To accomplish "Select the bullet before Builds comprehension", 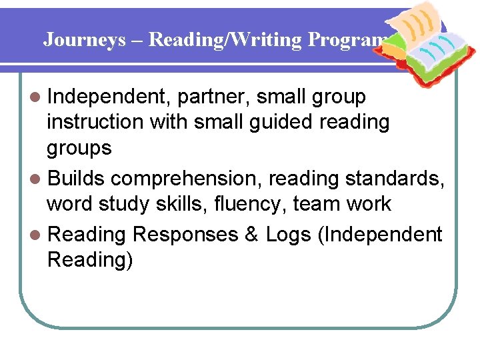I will click(38, 179).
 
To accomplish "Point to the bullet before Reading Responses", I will click(38, 235).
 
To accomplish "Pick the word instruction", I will click(95, 123).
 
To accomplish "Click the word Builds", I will click(76, 179).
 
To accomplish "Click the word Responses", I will click(185, 235).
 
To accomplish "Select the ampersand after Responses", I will click(251, 235).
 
